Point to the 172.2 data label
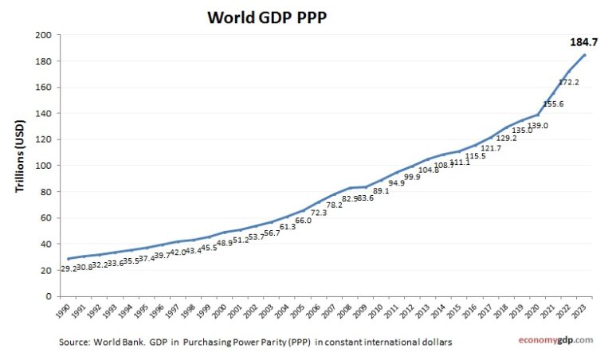(568, 82)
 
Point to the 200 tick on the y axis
(44, 35)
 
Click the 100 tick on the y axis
(44, 166)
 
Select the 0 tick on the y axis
(49, 296)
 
